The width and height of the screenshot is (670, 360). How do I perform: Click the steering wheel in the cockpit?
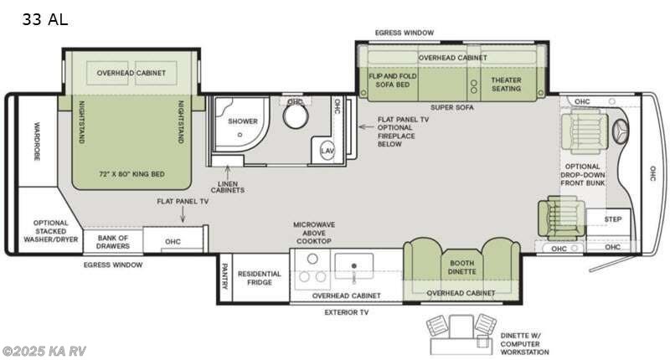point(620,129)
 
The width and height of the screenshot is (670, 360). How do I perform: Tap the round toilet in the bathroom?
point(296,115)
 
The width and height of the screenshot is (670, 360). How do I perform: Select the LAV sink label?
point(327,151)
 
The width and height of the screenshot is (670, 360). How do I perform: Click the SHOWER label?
point(243,121)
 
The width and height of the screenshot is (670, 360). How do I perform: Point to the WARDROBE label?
point(37,141)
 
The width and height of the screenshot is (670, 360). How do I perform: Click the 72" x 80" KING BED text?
point(131,174)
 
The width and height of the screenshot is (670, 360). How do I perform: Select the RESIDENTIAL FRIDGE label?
point(260,278)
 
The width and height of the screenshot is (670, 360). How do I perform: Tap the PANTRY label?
point(224,276)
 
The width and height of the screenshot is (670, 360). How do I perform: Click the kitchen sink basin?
point(353,266)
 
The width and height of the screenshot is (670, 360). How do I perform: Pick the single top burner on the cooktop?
point(312,259)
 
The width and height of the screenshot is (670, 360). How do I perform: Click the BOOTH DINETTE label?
point(462,267)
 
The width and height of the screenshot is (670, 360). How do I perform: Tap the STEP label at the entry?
point(613,219)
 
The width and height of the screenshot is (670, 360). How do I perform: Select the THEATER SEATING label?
point(506,84)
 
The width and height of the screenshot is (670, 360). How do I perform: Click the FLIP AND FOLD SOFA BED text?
point(393,80)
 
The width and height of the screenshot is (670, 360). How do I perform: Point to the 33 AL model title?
point(45,19)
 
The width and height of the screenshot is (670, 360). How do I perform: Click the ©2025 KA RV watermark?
point(44,351)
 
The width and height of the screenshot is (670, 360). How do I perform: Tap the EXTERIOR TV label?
point(347,312)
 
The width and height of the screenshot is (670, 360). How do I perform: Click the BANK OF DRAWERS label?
point(113,242)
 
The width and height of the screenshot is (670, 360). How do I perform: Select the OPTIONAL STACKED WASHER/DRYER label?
point(51,231)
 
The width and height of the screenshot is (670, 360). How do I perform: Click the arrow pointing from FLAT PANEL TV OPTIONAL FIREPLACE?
point(366,126)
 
